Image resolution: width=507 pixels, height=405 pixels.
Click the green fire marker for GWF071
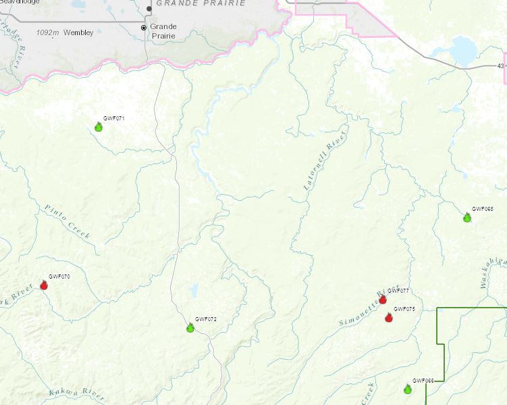point(98,126)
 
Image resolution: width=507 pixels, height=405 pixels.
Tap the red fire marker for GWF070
point(45,285)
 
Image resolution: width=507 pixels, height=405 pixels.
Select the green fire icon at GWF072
point(190,328)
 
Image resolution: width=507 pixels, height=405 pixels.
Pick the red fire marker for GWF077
point(383,299)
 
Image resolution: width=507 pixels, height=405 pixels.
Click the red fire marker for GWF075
point(389,317)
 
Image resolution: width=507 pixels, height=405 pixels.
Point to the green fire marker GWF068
point(467,217)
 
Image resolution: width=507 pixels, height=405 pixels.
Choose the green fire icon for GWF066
point(408,389)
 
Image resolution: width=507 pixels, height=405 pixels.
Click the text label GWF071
point(114,118)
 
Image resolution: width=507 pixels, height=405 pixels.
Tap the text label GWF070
point(60,277)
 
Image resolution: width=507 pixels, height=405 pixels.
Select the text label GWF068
point(483,209)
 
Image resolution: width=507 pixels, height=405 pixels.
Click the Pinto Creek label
point(68,221)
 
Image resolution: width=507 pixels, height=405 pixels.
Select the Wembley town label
point(79,32)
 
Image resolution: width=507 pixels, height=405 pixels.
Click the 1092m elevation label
point(48,32)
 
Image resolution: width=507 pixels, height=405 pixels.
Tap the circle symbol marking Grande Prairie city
point(143,28)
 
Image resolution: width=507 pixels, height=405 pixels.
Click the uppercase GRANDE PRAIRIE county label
point(197,3)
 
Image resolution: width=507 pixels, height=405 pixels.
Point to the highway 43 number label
point(500,66)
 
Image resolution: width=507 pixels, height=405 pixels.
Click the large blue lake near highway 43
point(463,49)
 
